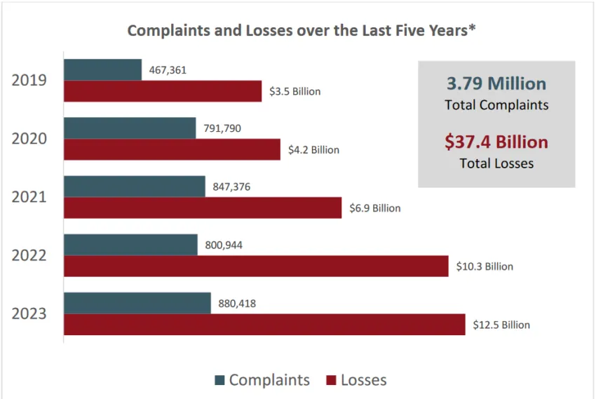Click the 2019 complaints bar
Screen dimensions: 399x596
coord(102,69)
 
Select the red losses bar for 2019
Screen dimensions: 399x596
coord(163,91)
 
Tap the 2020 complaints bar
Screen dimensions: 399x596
coord(130,128)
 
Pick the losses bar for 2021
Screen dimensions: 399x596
coord(203,208)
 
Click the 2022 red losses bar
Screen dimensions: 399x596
coord(256,266)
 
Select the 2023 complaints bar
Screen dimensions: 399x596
coord(137,303)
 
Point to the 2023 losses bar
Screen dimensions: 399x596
coord(264,325)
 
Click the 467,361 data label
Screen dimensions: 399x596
coord(168,69)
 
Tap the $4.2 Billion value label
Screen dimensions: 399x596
coord(313,149)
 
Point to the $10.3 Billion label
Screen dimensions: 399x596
coord(483,266)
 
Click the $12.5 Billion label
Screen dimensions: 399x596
coord(501,325)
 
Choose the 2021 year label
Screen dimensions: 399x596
coord(29,197)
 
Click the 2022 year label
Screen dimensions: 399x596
coord(29,255)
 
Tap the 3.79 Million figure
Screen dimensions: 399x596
coord(496,83)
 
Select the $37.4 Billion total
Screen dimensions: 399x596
coord(496,142)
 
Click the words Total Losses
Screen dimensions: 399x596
coord(496,163)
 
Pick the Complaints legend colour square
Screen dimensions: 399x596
coord(220,380)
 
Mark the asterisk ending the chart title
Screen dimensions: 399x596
coord(473,29)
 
